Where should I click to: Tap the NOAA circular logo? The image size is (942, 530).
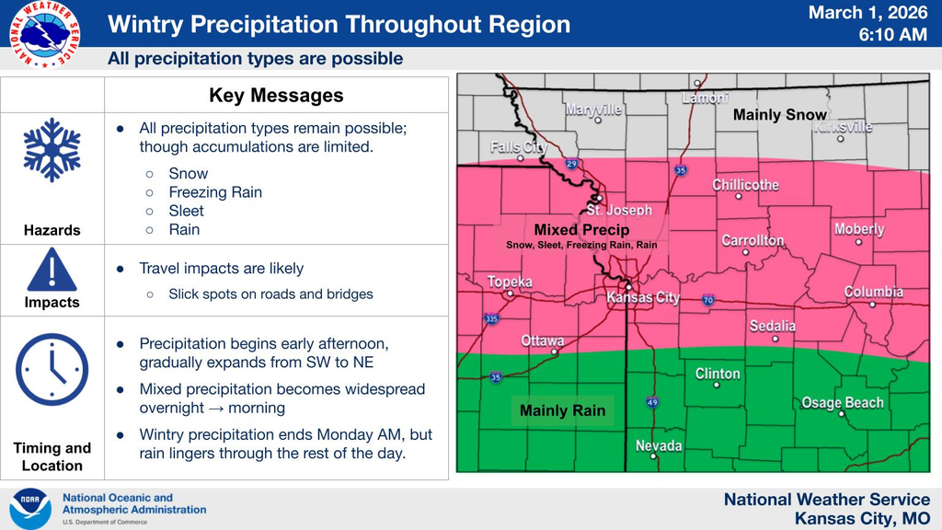(30, 509)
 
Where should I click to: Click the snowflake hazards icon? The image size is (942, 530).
(52, 149)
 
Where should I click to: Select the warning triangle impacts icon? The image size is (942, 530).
(52, 270)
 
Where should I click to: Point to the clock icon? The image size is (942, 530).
(52, 370)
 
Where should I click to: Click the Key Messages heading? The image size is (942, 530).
(276, 96)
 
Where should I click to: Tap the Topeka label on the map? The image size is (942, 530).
(510, 282)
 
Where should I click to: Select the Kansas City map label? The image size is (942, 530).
(643, 297)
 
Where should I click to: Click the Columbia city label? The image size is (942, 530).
(873, 292)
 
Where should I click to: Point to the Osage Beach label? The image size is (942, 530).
(842, 403)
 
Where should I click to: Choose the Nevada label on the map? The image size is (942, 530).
(659, 446)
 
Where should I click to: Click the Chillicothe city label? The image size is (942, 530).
(745, 185)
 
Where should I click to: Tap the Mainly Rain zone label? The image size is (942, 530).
(562, 410)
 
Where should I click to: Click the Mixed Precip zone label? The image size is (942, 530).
(581, 230)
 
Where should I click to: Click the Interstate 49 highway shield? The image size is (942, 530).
(651, 402)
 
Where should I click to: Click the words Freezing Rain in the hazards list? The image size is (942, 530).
(215, 192)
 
